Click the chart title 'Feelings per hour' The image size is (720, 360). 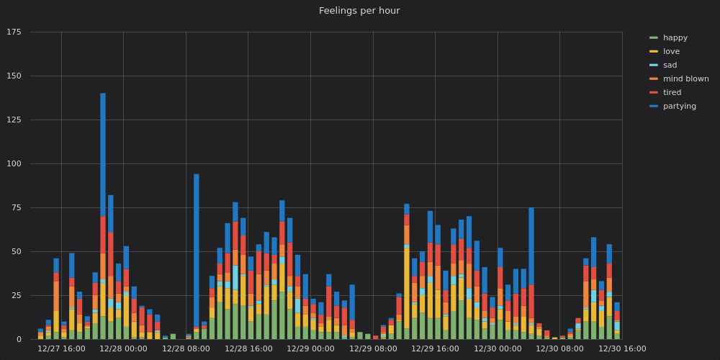359,11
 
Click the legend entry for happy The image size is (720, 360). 675,37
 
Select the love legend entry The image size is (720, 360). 671,51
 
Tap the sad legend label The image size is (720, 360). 670,65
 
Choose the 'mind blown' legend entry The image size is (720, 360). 685,78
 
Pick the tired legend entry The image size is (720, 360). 672,92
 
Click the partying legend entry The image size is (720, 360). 679,106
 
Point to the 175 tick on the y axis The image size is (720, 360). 14,32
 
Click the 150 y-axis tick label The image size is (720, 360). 14,76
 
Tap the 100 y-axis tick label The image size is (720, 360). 14,164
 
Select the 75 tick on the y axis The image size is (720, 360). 17,208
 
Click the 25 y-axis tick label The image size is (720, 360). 17,296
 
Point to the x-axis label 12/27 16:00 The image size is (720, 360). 61,348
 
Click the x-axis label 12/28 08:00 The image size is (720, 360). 186,348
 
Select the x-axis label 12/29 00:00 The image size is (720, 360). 310,348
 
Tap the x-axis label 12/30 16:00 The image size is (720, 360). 622,348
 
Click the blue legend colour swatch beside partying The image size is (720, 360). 653,106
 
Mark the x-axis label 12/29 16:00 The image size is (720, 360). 435,348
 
